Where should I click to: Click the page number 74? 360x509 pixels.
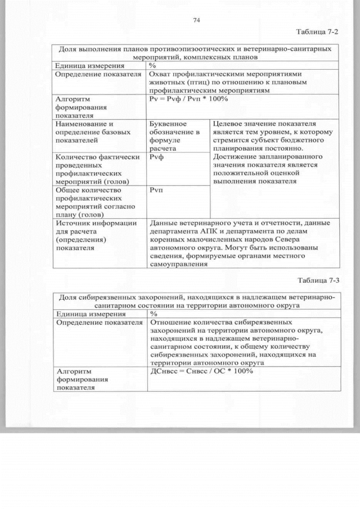click(197, 20)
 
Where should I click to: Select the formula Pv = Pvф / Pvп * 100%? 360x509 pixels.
click(188, 99)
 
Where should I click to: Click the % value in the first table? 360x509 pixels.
click(153, 65)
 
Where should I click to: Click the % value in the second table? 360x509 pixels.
click(153, 313)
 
